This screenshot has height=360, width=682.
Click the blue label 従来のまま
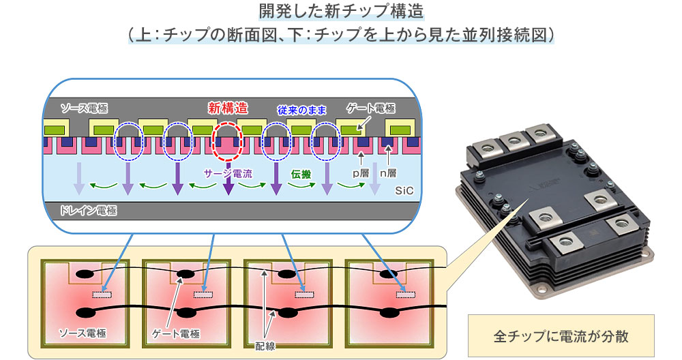click(302, 109)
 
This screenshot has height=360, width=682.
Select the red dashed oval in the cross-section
click(226, 142)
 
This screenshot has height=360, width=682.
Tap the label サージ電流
click(228, 174)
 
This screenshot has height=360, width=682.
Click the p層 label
click(360, 174)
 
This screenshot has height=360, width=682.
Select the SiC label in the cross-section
click(404, 193)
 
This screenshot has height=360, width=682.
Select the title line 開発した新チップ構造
click(341, 12)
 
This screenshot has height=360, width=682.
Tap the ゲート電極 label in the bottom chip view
click(176, 333)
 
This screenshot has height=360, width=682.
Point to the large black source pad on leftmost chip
click(87, 313)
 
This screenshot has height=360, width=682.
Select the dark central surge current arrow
click(226, 185)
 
